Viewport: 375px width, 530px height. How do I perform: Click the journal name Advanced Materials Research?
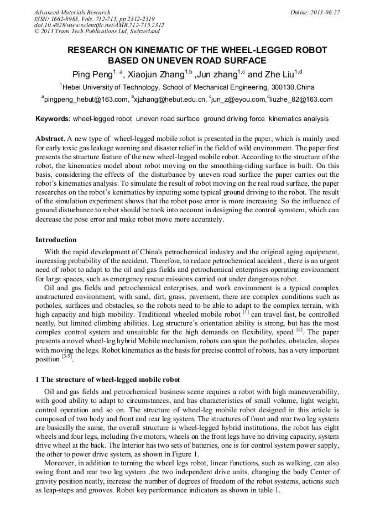[72, 12]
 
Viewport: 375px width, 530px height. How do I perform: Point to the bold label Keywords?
[53, 119]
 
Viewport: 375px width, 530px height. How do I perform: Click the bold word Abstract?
[50, 138]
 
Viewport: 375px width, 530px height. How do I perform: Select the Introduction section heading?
[56, 239]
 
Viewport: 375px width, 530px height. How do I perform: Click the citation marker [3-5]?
[67, 358]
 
